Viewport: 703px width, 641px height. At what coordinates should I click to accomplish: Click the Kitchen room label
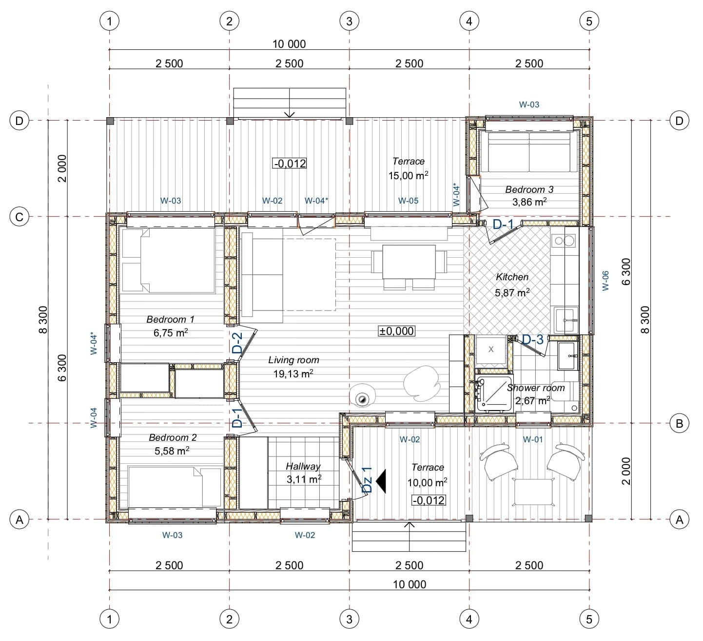[x=512, y=277]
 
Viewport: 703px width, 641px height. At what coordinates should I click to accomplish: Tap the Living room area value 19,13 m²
[x=293, y=373]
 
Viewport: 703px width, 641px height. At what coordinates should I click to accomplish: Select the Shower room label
[x=536, y=388]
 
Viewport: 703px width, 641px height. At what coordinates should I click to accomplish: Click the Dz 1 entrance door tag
[x=367, y=480]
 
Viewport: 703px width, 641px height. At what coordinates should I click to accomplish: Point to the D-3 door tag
[x=533, y=339]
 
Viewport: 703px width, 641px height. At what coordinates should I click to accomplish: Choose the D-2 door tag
[x=237, y=343]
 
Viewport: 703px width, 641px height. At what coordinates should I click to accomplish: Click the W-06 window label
[x=605, y=281]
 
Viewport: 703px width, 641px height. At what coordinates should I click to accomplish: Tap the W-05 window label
[x=408, y=201]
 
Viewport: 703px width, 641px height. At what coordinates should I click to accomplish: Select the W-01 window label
[x=533, y=439]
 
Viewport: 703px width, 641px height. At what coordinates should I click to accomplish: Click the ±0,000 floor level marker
[x=396, y=331]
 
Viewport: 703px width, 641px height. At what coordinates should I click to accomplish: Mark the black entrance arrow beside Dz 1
[x=381, y=481]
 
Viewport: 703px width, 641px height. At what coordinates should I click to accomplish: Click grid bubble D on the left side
[x=20, y=121]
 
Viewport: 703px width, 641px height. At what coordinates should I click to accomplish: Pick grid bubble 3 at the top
[x=349, y=21]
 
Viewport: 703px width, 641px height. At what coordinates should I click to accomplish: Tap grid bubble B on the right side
[x=679, y=423]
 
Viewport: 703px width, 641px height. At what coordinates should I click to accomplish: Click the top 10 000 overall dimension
[x=289, y=44]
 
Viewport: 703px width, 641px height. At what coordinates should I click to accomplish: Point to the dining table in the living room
[x=409, y=262]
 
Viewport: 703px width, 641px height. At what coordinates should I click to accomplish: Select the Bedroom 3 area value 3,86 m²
[x=529, y=202]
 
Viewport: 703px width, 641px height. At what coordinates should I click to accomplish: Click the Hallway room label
[x=303, y=466]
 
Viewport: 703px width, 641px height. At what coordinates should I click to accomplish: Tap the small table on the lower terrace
[x=534, y=492]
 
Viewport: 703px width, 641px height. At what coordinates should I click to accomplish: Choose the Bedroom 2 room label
[x=173, y=437]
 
